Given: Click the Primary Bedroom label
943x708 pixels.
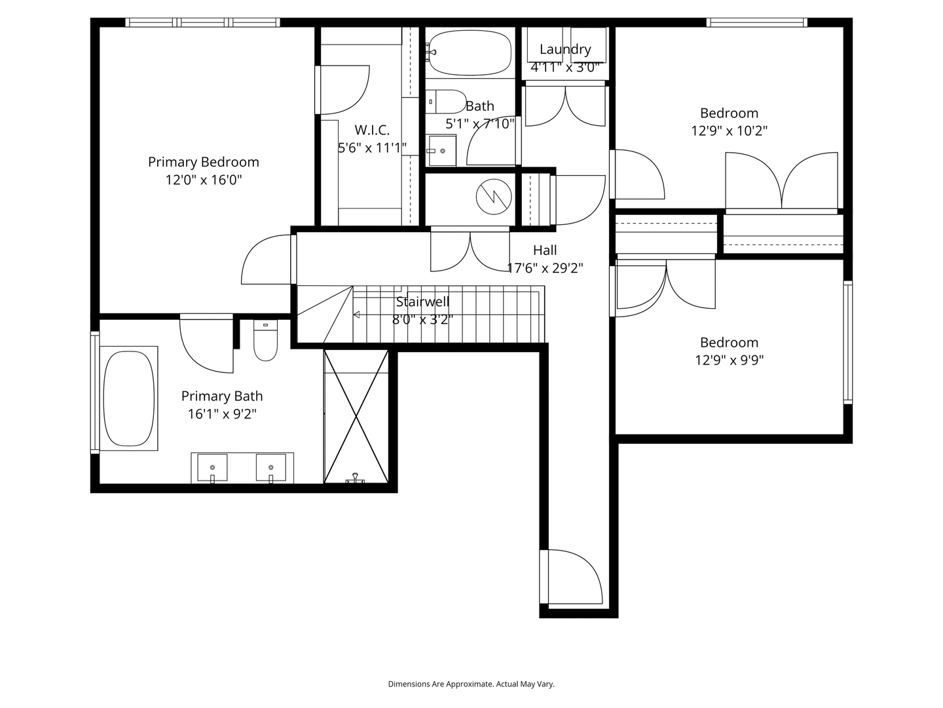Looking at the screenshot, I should [x=203, y=162].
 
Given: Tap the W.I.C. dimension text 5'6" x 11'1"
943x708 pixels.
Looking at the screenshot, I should [x=372, y=148].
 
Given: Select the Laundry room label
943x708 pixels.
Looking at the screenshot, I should [x=565, y=49].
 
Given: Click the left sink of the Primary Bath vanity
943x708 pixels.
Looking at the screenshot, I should [x=212, y=467].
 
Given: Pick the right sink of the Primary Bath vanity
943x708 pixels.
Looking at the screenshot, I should [x=271, y=467].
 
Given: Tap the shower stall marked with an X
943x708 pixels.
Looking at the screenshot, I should [x=356, y=416].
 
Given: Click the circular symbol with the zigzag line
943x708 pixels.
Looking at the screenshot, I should [x=492, y=196].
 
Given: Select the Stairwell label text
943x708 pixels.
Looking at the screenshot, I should [x=422, y=302].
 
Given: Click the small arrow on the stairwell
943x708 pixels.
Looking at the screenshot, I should [x=356, y=315].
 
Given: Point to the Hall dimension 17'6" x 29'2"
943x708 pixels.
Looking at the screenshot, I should [x=545, y=267].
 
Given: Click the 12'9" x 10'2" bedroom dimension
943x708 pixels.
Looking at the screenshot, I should [x=729, y=130].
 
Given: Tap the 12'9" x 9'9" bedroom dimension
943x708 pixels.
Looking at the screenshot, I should [x=729, y=360].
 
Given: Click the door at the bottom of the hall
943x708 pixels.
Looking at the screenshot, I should [x=570, y=577].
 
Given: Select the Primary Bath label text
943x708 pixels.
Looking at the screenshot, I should [x=222, y=396].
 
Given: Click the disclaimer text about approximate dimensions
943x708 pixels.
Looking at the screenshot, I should [x=471, y=684].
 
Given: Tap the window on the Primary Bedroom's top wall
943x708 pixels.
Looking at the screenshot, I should [x=202, y=22].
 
